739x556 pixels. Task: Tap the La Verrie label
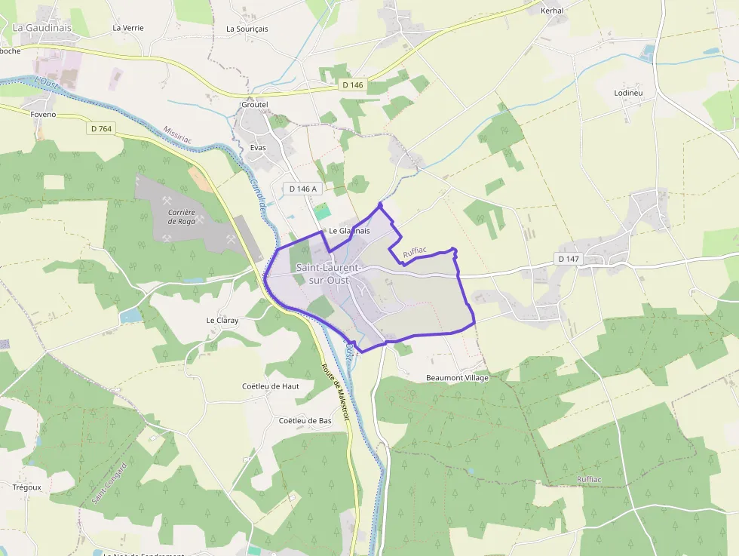(127, 28)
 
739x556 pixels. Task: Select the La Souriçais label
(247, 29)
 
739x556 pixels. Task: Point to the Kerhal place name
(552, 11)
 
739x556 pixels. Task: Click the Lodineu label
(628, 93)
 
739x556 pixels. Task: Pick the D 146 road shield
(351, 85)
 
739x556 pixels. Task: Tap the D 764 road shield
(101, 129)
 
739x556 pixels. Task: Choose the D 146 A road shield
(303, 188)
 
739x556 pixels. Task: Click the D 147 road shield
(569, 259)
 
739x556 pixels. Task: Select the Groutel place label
(254, 105)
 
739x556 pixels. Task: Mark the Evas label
(258, 148)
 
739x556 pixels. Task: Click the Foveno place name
(44, 115)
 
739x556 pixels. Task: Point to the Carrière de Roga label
(182, 217)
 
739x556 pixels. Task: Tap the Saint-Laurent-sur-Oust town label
(328, 274)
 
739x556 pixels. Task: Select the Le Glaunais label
(349, 231)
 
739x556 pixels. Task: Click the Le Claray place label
(222, 320)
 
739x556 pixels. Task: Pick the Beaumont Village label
(457, 378)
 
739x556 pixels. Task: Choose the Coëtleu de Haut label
(270, 386)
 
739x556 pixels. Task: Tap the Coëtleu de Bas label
(305, 420)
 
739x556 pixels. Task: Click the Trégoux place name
(27, 487)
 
